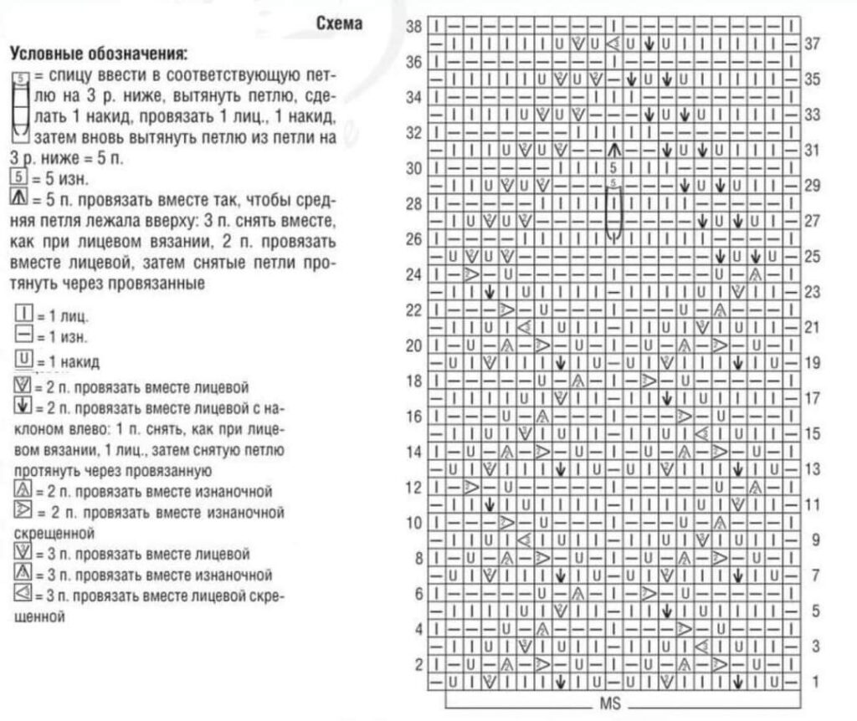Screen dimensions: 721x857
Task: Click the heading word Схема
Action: pyautogui.click(x=339, y=23)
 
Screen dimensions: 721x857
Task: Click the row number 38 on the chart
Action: pyautogui.click(x=413, y=26)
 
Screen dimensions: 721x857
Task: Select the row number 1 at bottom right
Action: pyautogui.click(x=814, y=682)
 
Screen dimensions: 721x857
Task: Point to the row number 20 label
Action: pyautogui.click(x=413, y=345)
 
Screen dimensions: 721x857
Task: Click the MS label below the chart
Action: pyautogui.click(x=608, y=703)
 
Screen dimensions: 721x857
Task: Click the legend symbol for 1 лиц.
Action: pyautogui.click(x=23, y=317)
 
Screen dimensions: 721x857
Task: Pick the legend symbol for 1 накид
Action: pyautogui.click(x=23, y=360)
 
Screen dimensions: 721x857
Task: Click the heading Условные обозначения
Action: pyautogui.click(x=98, y=54)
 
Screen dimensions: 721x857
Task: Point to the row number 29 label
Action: pyautogui.click(x=811, y=186)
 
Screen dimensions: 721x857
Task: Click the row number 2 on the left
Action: pyautogui.click(x=418, y=664)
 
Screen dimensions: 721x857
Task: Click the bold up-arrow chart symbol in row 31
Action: pyautogui.click(x=613, y=150)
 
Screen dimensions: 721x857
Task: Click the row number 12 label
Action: pyautogui.click(x=413, y=487)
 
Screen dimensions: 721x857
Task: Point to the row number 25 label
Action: pyautogui.click(x=811, y=257)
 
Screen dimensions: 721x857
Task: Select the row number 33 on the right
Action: pyautogui.click(x=811, y=115)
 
